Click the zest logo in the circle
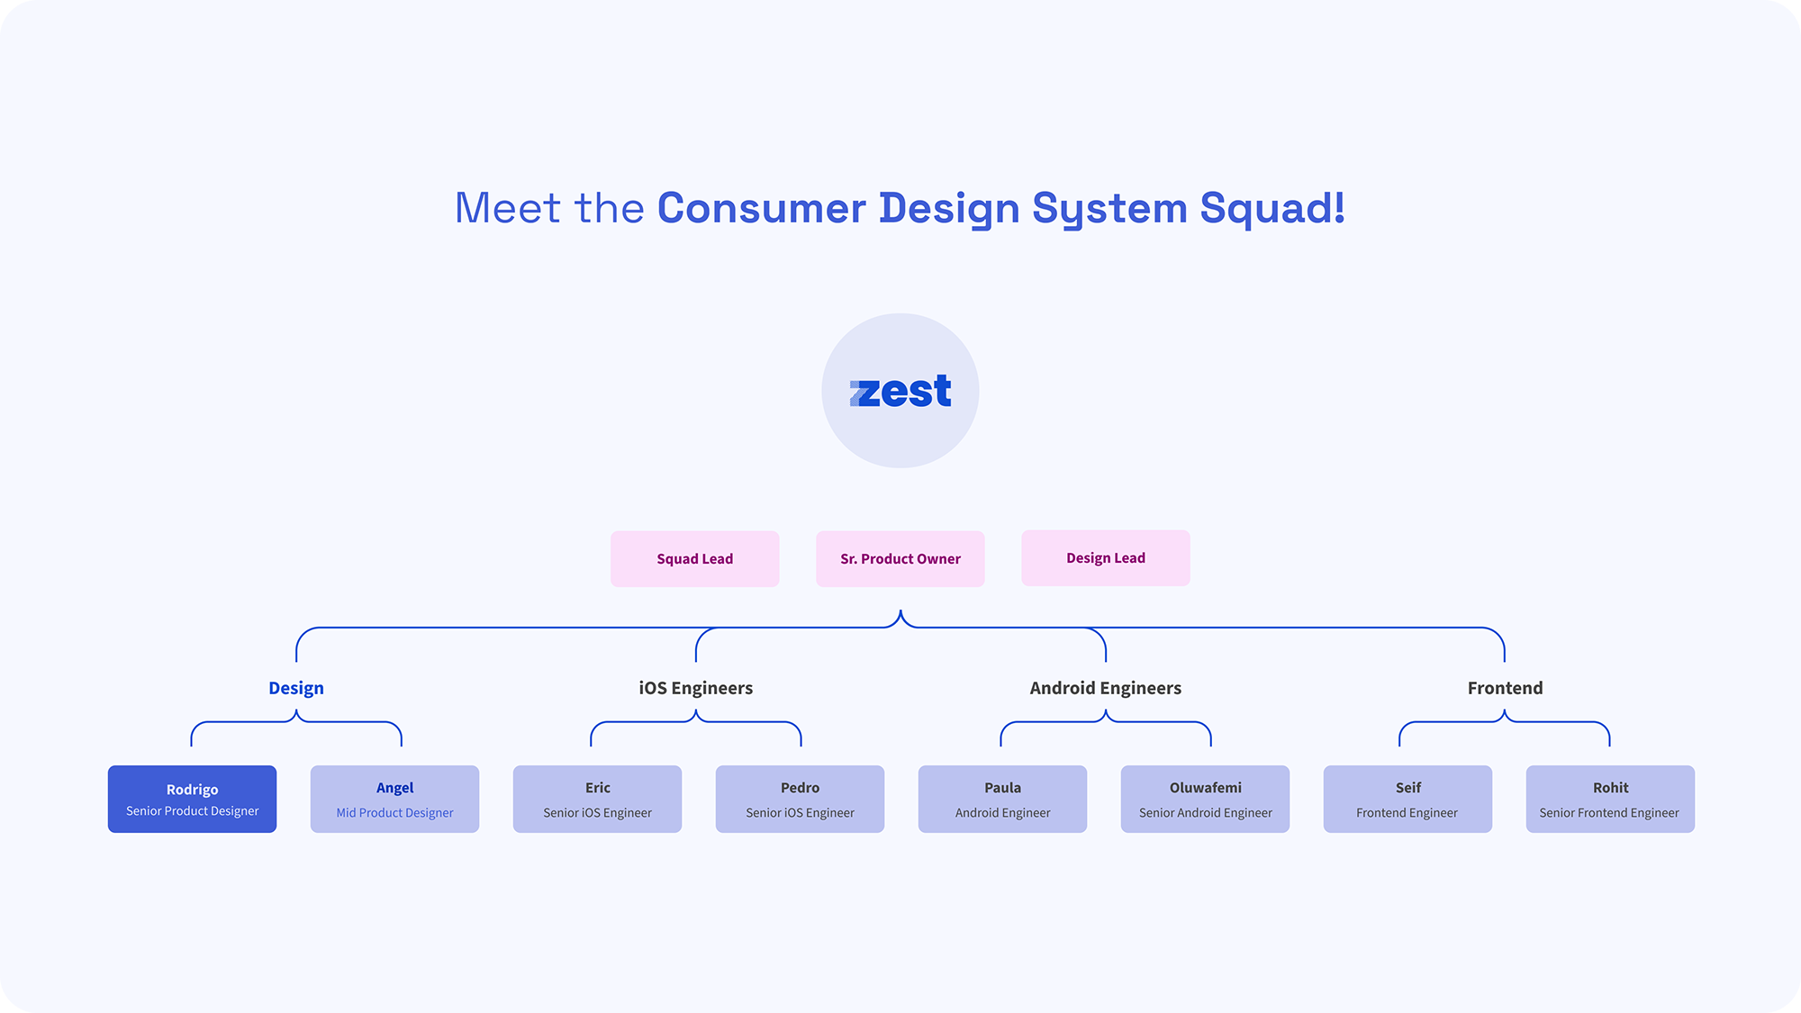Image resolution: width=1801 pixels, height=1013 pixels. click(900, 392)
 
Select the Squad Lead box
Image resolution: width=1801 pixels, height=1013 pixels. click(695, 559)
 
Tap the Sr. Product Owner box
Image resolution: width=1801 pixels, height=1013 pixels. click(900, 559)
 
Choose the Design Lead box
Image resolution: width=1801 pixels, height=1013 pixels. click(1106, 558)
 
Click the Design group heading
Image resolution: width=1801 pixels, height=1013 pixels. click(296, 688)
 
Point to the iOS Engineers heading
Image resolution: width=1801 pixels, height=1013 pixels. click(696, 688)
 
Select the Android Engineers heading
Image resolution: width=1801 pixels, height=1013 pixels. click(1106, 688)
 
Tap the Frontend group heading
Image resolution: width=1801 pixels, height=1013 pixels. click(1506, 688)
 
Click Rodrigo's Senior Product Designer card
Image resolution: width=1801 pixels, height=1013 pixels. click(193, 799)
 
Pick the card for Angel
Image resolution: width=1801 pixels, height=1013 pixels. click(395, 799)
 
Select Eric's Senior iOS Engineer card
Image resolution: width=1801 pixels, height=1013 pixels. click(598, 799)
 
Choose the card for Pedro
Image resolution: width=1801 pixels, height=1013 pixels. click(801, 799)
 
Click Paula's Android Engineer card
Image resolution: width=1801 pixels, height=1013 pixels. click(1003, 799)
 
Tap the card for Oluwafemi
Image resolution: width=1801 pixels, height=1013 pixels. click(1206, 799)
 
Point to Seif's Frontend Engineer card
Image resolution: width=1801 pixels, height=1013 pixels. click(1408, 799)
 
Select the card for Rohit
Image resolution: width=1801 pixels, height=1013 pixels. click(1611, 799)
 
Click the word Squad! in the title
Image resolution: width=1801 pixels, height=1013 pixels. click(1272, 209)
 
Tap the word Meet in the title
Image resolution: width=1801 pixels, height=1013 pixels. click(508, 208)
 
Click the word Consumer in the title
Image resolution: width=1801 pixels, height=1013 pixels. click(762, 208)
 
